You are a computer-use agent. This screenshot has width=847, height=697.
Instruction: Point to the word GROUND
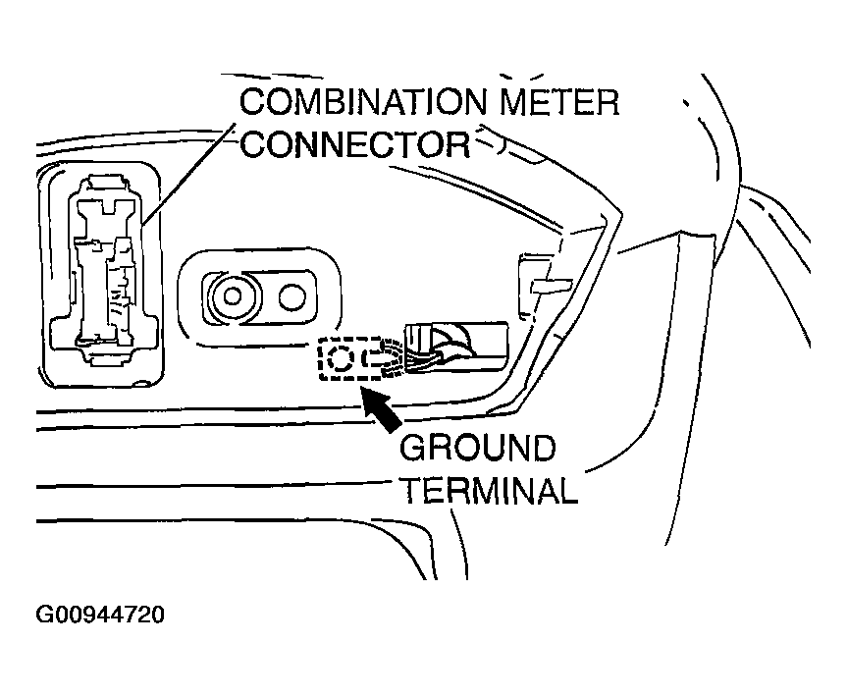pyautogui.click(x=478, y=449)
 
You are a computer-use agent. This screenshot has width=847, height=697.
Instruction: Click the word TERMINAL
pyautogui.click(x=488, y=490)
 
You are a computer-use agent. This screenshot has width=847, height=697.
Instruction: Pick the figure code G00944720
pyautogui.click(x=101, y=616)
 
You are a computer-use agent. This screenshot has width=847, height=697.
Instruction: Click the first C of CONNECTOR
pyautogui.click(x=254, y=145)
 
